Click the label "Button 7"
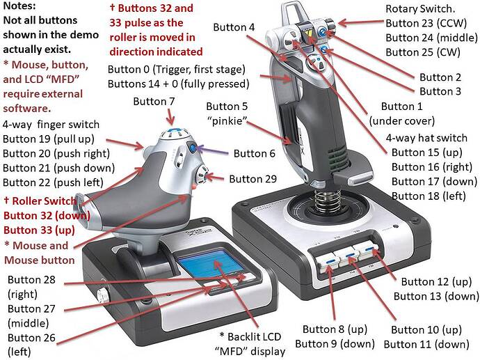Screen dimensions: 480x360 click(154, 101)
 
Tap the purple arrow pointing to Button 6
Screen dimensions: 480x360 click(213, 150)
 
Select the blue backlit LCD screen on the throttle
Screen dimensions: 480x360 click(210, 263)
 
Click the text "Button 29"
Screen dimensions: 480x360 click(253, 179)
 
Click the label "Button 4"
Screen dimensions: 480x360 click(234, 27)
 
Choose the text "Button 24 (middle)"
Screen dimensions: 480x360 click(431, 38)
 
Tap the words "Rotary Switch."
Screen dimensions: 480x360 click(420, 8)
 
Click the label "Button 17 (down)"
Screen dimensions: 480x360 click(434, 181)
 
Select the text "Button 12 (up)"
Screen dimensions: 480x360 click(436, 281)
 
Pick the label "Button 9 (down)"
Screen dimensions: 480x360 click(335, 344)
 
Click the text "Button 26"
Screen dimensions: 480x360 click(31, 338)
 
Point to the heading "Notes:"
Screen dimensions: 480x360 click(19, 6)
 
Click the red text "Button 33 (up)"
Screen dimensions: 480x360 click(39, 230)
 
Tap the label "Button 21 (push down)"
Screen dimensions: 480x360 click(58, 168)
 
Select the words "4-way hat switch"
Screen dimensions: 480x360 click(426, 138)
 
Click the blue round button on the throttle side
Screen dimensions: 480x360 click(193, 148)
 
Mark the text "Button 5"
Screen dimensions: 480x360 click(227, 107)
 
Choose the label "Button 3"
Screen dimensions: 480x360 click(440, 91)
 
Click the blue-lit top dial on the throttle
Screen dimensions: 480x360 click(173, 133)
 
